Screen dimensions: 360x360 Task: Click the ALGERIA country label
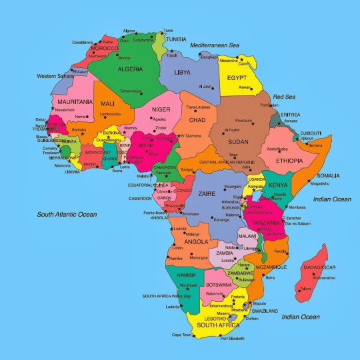tap(123, 68)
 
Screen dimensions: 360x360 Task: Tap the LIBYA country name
tap(183, 72)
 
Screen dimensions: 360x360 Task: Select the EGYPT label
tap(237, 77)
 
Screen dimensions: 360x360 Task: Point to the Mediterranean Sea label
tap(214, 45)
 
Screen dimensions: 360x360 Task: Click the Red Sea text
tap(284, 97)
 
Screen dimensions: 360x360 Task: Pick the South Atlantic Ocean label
tap(67, 215)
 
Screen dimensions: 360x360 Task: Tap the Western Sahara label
tap(55, 75)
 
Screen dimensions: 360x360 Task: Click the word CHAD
tap(197, 120)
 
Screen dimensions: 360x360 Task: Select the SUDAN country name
tap(239, 141)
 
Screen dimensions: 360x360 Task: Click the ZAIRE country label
tap(207, 193)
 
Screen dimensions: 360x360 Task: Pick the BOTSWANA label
tap(218, 285)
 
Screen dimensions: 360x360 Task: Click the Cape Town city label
tap(182, 335)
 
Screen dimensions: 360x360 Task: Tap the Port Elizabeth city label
tap(233, 339)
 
